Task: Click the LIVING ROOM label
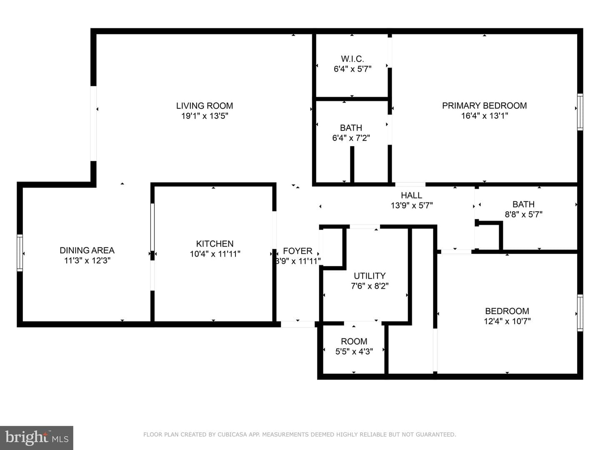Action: click(x=205, y=106)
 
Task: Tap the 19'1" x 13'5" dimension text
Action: click(x=205, y=116)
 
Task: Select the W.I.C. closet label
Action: click(x=352, y=59)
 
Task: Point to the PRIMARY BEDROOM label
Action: click(x=484, y=105)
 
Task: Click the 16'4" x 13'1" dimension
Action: click(x=485, y=115)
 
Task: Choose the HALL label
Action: click(x=411, y=195)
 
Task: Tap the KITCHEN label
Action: click(x=215, y=243)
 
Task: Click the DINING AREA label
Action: click(x=87, y=250)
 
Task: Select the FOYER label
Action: click(x=297, y=251)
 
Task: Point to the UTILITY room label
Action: click(x=370, y=276)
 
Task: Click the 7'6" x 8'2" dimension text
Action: click(x=370, y=286)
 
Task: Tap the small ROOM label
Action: click(x=354, y=341)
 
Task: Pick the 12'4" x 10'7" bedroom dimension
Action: click(x=507, y=321)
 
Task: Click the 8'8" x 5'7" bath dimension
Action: click(x=523, y=214)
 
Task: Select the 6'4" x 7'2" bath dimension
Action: click(x=351, y=137)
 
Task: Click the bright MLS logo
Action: click(x=37, y=437)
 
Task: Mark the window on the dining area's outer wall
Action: click(x=20, y=253)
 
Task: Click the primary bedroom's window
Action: click(x=580, y=112)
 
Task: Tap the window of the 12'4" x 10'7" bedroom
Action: click(x=580, y=313)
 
